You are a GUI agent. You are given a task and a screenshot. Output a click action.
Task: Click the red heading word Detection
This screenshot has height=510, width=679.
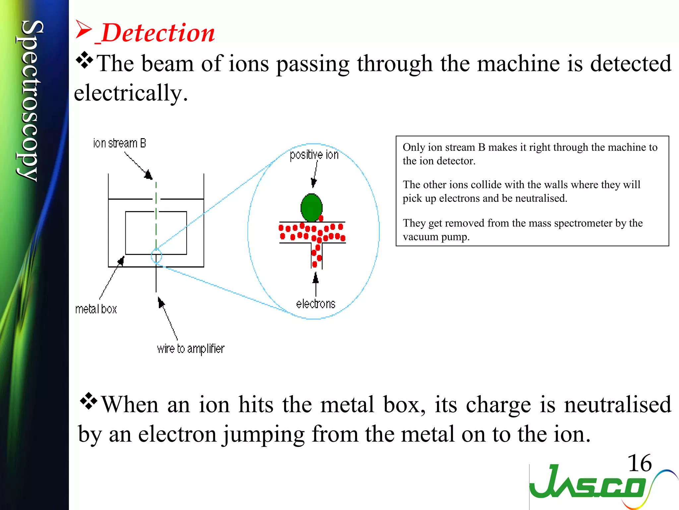pos(158,33)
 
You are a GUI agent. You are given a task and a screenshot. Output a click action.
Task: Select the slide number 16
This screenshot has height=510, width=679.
pos(640,463)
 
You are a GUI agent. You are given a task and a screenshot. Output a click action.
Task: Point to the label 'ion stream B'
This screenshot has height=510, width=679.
pos(119,143)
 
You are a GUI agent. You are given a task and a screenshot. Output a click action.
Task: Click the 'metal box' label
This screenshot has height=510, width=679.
pos(96,309)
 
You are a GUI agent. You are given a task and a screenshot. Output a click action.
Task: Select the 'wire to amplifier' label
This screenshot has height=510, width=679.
pos(191,349)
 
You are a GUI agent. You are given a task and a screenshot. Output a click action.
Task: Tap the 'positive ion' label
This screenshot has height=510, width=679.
pos(314,155)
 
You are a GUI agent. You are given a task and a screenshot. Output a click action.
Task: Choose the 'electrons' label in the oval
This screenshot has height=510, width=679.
pos(316,304)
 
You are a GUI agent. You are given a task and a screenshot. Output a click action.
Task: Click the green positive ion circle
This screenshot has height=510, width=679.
pos(311,208)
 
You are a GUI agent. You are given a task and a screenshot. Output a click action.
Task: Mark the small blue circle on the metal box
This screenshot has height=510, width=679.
pos(156,256)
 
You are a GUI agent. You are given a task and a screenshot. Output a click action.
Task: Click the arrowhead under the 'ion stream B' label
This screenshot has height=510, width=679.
pos(149,175)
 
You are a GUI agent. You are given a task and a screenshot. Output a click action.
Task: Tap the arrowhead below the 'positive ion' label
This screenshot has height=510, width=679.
pos(313,182)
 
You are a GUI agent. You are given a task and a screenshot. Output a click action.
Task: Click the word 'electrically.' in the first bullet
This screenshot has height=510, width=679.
pos(131,93)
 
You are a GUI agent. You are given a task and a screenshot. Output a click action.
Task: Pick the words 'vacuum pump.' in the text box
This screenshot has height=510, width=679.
pos(436,237)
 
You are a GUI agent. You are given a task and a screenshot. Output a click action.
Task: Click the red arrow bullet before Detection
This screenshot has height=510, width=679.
pos(83,30)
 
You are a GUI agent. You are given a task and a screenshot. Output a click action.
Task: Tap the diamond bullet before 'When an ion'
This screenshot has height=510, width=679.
pos(89,401)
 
